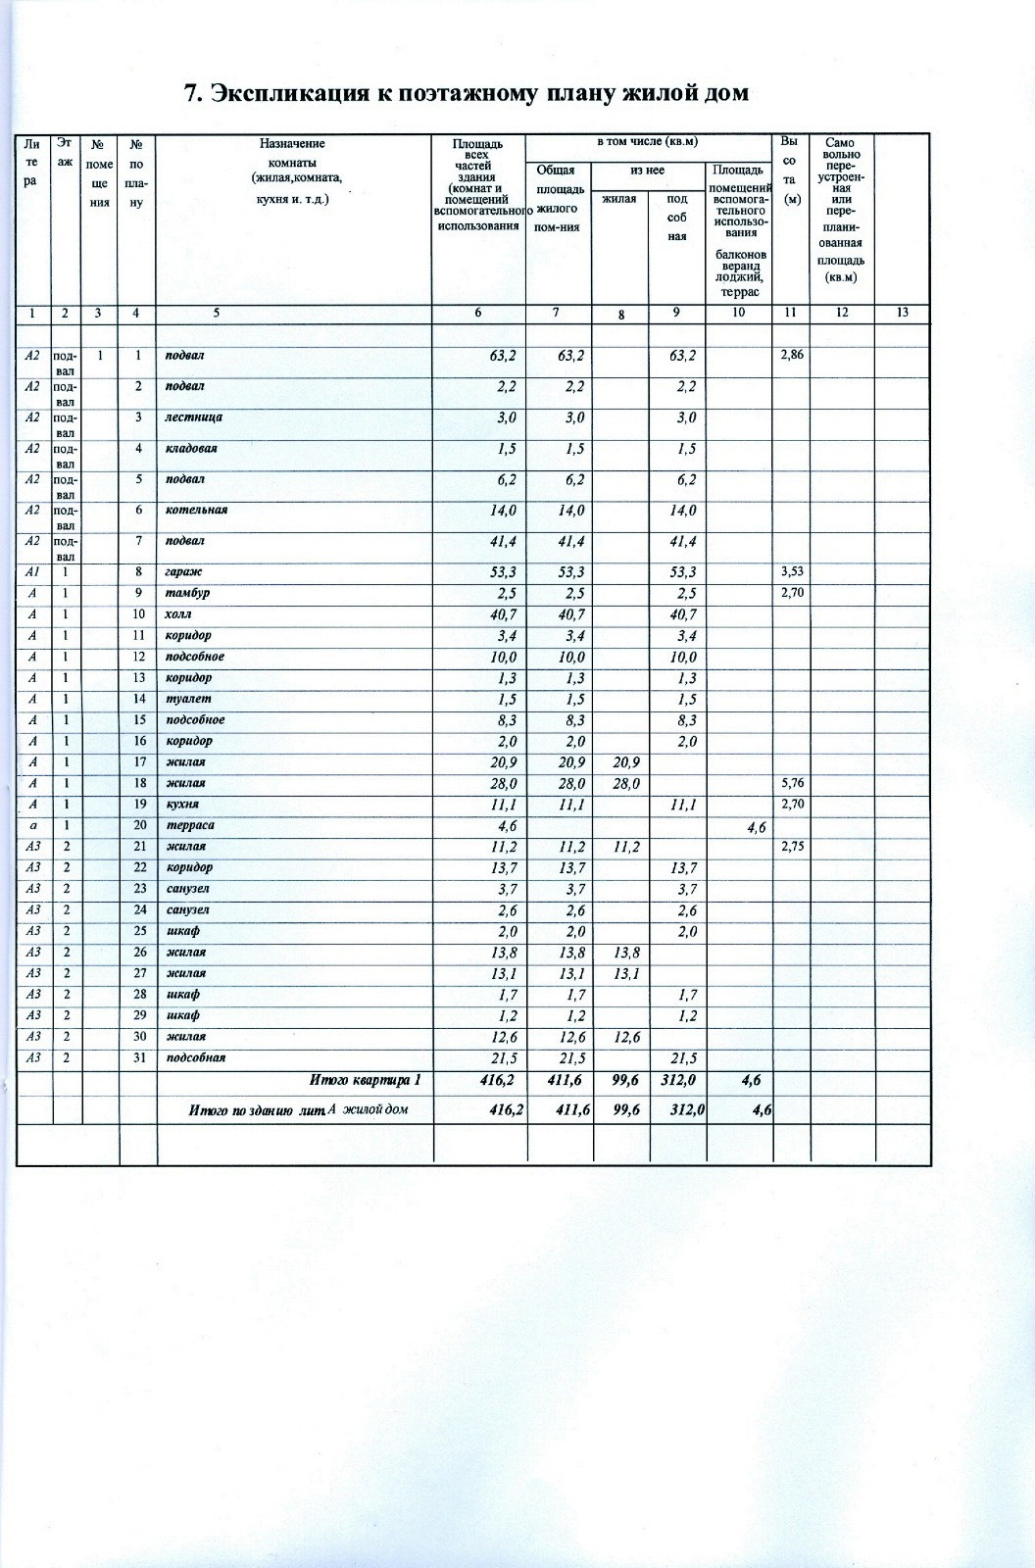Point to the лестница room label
click(193, 417)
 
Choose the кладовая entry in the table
click(191, 449)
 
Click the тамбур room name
click(187, 593)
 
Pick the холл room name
click(178, 614)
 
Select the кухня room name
click(182, 804)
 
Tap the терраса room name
click(190, 825)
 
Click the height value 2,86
click(791, 355)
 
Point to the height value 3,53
click(791, 571)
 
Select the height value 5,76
click(791, 783)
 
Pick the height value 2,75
click(791, 847)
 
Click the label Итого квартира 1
click(365, 1080)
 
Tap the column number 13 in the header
click(902, 313)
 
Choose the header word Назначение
click(292, 144)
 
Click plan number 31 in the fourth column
click(139, 1057)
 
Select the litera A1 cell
click(32, 571)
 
